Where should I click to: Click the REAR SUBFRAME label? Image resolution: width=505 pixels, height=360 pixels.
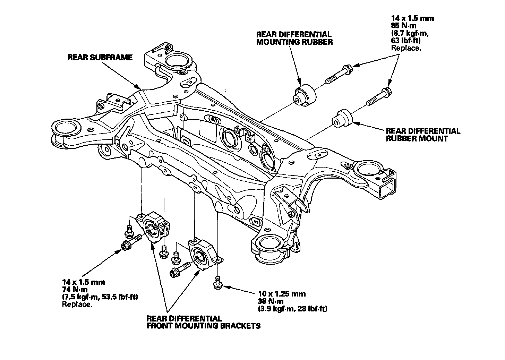[100, 57]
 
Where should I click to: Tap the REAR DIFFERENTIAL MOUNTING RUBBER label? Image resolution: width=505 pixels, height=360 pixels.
[294, 38]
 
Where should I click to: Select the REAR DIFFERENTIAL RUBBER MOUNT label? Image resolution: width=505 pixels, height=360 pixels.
[423, 135]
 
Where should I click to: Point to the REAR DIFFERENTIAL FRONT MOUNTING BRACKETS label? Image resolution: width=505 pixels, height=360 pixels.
[203, 322]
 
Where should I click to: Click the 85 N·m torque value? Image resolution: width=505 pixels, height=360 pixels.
[404, 25]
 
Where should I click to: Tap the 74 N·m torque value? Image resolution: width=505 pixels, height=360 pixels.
[75, 290]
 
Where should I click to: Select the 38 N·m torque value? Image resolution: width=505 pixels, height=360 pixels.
[271, 301]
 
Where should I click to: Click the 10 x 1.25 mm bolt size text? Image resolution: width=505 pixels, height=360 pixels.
[282, 294]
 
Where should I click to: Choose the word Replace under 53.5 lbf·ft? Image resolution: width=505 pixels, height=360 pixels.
[77, 304]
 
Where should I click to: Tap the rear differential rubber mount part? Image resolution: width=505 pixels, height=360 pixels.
[342, 119]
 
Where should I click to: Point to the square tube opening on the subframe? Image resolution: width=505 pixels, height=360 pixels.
[388, 188]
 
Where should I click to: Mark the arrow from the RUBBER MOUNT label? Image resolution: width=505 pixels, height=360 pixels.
[368, 126]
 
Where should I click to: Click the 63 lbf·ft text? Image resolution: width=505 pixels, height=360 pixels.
[406, 41]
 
